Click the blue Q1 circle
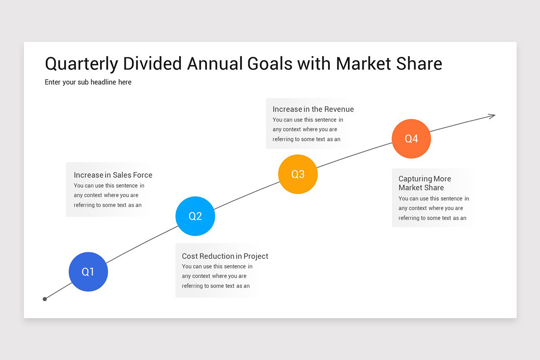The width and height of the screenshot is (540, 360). (88, 272)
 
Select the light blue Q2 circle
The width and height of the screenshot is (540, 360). (195, 216)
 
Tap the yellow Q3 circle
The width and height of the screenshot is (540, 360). (298, 174)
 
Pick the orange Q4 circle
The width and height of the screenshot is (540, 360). (411, 139)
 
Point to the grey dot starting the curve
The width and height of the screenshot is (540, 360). (45, 299)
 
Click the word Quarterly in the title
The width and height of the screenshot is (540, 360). (81, 64)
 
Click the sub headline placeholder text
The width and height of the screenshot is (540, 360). (88, 82)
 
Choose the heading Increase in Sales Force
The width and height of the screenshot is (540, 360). (113, 175)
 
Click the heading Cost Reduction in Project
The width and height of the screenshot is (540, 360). (225, 256)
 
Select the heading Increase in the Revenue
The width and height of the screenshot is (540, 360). (313, 109)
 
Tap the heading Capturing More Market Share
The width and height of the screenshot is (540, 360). (424, 183)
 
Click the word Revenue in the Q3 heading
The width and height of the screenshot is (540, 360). (339, 109)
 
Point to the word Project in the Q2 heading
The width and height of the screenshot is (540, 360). (256, 256)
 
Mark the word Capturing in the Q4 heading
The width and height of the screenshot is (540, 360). (415, 179)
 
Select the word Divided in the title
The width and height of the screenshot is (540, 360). (153, 63)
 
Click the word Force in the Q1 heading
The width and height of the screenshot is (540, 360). (143, 175)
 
